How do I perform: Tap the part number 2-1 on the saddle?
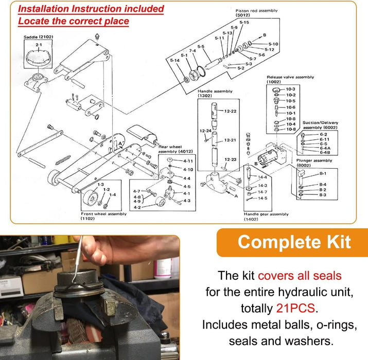click(39, 45)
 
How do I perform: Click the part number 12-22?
click(230, 111)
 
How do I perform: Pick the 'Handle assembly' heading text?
click(215, 91)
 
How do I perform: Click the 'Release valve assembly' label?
click(290, 77)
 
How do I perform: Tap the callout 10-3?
click(291, 89)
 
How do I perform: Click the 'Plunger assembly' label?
click(313, 160)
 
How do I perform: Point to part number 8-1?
click(323, 174)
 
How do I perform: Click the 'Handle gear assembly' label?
click(266, 213)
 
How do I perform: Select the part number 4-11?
click(188, 161)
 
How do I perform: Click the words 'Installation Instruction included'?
click(91, 9)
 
